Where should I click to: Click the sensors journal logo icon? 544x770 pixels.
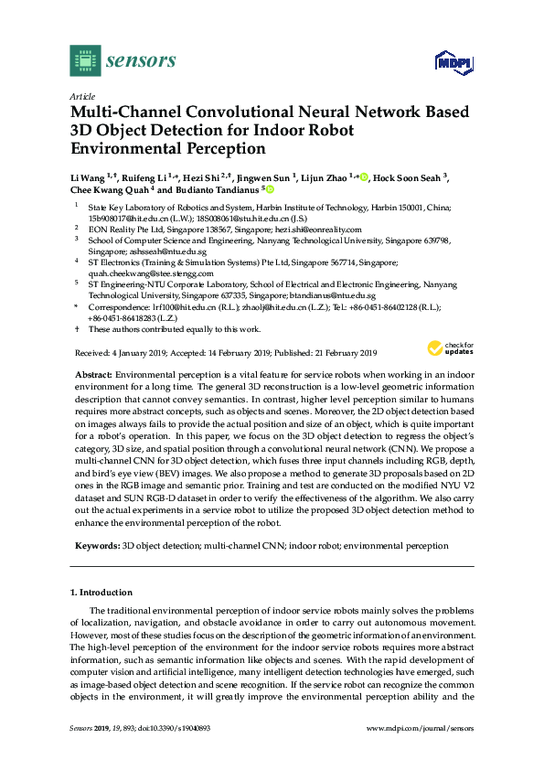pyautogui.click(x=85, y=61)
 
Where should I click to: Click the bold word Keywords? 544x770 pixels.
pyautogui.click(x=97, y=545)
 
